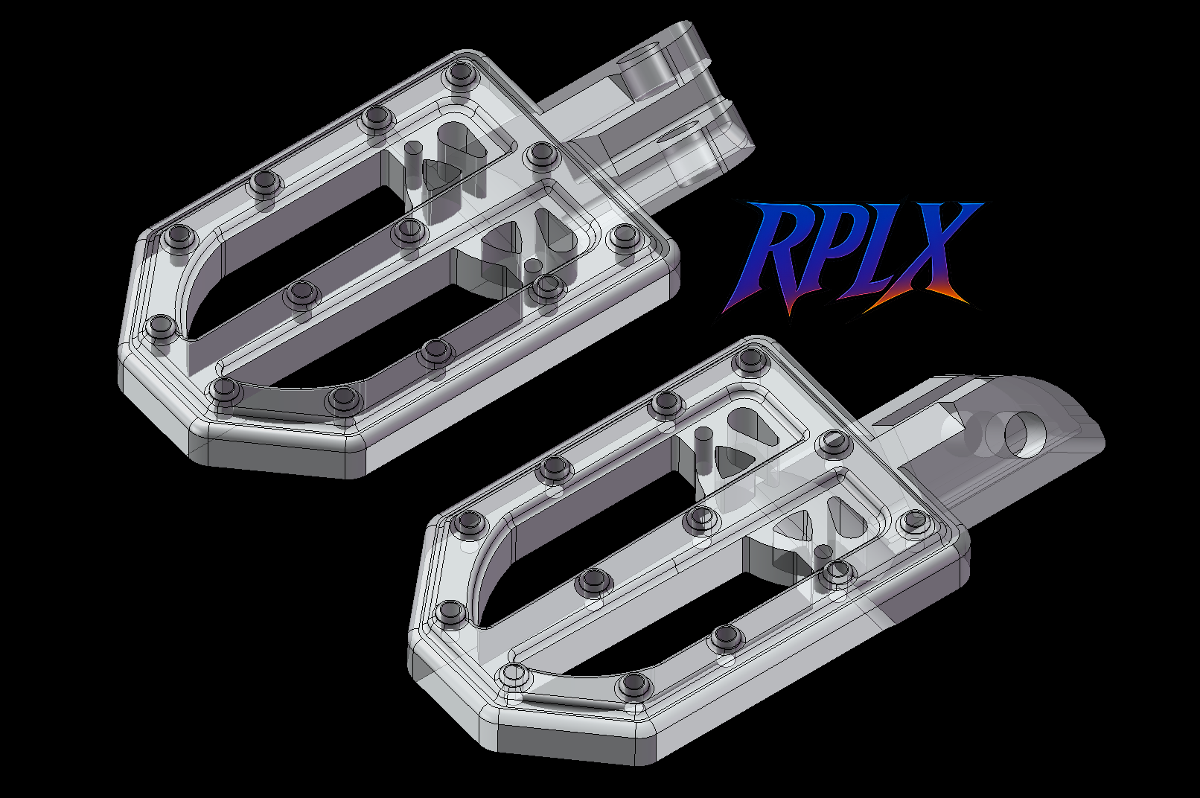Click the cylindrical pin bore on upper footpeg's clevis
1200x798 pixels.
[642, 73]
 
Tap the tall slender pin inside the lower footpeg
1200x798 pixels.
[701, 451]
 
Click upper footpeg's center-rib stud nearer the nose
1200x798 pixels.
[301, 293]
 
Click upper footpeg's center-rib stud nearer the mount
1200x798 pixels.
[409, 230]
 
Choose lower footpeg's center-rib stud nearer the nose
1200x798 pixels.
[593, 581]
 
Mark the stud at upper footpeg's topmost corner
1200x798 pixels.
[460, 73]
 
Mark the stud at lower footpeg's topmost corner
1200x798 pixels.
[750, 361]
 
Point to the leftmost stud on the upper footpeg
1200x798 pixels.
[161, 325]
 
